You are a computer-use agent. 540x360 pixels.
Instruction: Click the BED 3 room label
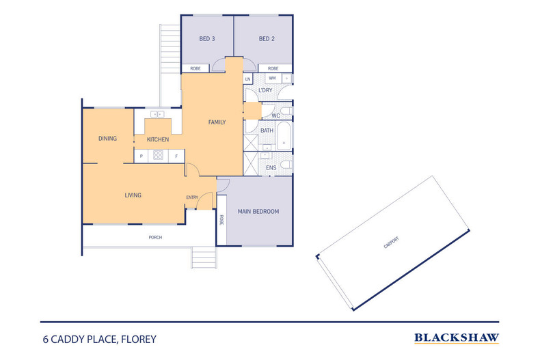pos(207,39)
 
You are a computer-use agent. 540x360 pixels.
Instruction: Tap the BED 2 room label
pos(267,39)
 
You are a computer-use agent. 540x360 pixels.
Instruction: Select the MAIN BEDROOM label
pos(258,211)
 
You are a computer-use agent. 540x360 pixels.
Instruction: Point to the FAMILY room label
pos(217,122)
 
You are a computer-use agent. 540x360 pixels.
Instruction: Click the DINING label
pos(107,139)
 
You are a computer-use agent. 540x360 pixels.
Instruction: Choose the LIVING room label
pos(133,195)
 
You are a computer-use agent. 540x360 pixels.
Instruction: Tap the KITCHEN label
pos(158,139)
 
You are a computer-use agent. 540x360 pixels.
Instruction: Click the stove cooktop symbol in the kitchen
pos(158,155)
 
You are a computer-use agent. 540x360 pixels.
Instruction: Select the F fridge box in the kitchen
pos(176,156)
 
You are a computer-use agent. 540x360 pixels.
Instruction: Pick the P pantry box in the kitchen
pos(141,156)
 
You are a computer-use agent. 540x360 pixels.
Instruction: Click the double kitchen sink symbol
pos(157,114)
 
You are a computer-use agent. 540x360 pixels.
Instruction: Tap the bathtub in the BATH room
pos(284,135)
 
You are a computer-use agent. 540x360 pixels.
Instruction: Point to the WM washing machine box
pos(273,79)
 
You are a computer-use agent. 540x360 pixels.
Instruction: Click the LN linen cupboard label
pos(247,79)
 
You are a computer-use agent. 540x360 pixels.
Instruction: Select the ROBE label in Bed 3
pos(195,68)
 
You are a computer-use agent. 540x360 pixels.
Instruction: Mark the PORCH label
pos(155,237)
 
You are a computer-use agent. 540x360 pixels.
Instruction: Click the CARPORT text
pos(391,243)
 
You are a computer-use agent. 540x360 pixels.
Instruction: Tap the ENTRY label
pos(192,197)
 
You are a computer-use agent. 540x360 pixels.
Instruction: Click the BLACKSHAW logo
pos(457,338)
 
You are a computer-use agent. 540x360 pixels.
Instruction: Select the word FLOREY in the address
pos(139,340)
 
